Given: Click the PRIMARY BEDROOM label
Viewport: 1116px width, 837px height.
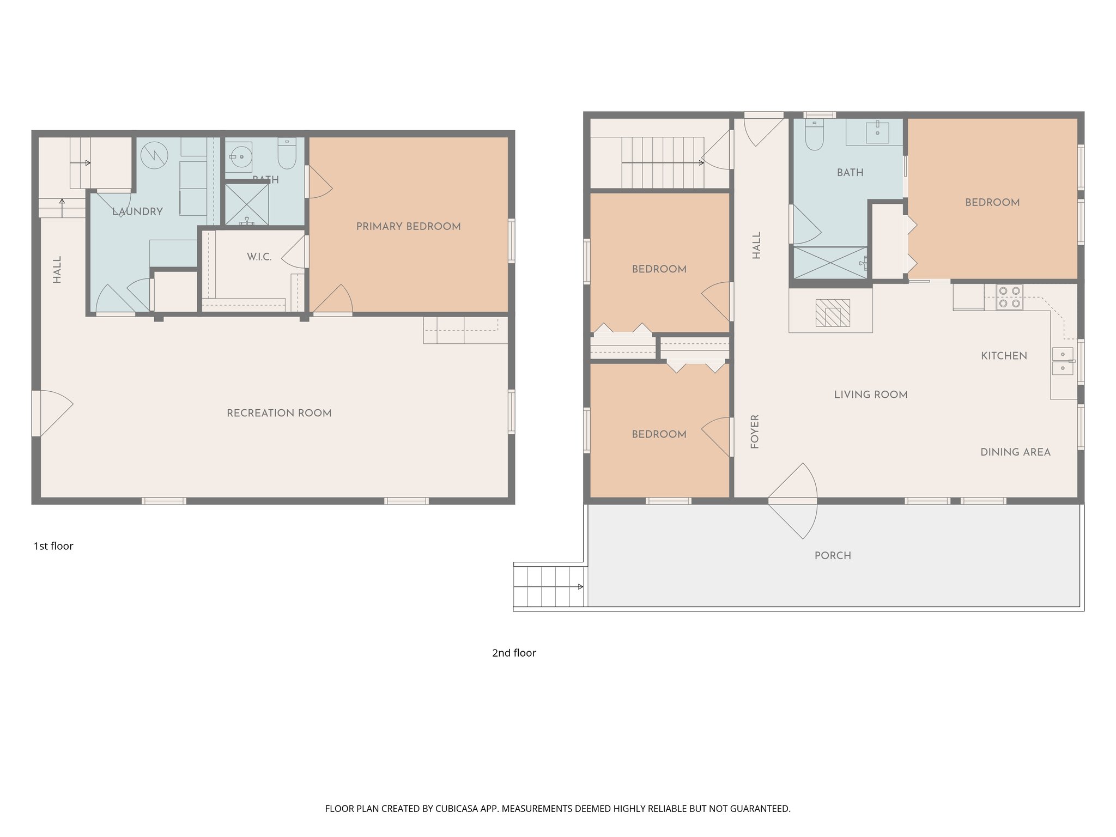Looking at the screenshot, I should pos(408,226).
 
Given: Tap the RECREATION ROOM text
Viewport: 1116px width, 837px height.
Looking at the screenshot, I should pos(279,413).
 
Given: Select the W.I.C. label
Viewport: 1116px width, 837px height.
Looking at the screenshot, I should pos(259,257).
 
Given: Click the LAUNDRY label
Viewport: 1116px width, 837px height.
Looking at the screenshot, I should pos(137,211).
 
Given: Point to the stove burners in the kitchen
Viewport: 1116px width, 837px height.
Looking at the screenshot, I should pos(1009,298).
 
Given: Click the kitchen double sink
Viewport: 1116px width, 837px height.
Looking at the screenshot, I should pos(1062,361).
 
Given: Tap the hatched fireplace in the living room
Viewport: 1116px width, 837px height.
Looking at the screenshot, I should pos(832,313).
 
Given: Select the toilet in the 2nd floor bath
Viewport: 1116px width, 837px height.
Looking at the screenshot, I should pos(814,135).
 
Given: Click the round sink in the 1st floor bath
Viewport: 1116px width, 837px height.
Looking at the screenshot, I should pos(239,156).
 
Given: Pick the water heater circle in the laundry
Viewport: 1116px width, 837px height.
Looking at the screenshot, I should pos(154,155).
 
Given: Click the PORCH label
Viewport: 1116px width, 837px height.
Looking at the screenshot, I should pos(832,555).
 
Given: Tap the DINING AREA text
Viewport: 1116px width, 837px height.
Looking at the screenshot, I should pos(1015,452).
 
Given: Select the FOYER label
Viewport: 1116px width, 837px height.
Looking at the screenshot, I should pos(755,431).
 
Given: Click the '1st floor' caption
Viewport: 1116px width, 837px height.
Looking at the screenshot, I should pos(53,546).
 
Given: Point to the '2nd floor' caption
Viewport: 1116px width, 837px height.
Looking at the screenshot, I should pos(514,653).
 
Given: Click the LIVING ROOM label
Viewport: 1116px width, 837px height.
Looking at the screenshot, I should pos(870,395).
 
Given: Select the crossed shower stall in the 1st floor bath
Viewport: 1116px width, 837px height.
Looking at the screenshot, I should pos(247,204).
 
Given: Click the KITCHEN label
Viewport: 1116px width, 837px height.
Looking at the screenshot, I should pos(1004,356).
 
